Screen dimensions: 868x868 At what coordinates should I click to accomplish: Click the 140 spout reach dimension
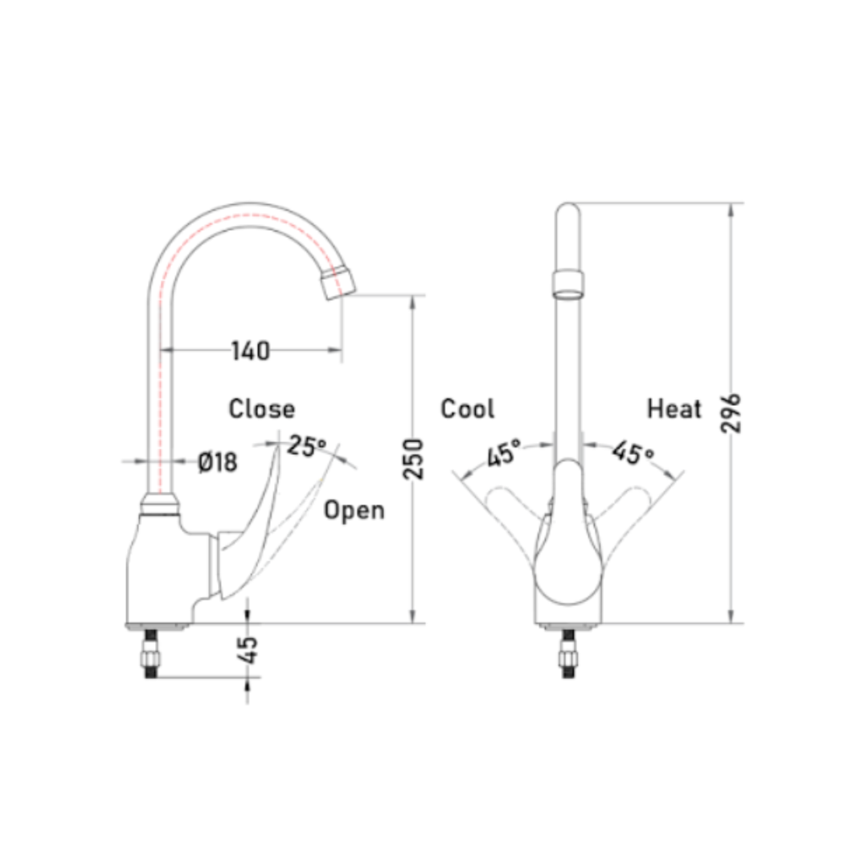250,350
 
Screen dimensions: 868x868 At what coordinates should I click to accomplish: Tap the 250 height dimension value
413,458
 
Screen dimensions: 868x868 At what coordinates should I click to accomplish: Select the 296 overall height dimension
731,413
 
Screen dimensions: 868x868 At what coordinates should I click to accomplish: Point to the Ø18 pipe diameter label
218,461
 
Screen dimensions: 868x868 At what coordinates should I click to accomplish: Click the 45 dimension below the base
249,650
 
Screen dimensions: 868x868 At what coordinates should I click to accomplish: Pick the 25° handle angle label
307,445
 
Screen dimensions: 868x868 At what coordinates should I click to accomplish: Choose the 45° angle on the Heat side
633,452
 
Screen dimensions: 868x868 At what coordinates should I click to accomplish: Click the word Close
262,409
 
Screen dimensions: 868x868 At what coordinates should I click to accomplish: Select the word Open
354,510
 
